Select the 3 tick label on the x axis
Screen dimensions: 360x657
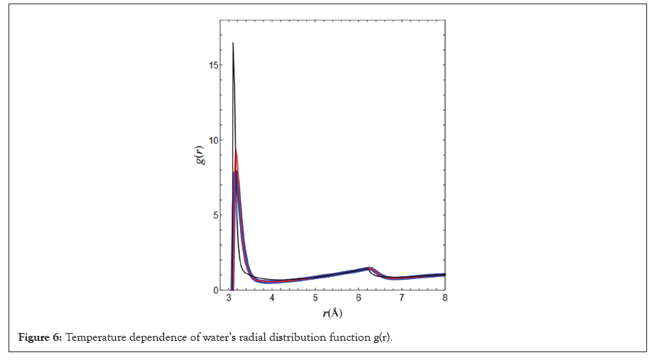click(x=229, y=298)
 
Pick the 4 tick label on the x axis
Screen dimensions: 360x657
click(x=272, y=298)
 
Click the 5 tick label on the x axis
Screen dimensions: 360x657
click(x=315, y=298)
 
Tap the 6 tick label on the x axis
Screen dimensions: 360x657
click(x=359, y=298)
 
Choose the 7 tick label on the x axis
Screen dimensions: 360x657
click(x=402, y=298)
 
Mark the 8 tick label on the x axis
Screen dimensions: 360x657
click(x=445, y=298)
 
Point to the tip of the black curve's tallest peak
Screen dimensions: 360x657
click(x=233, y=43)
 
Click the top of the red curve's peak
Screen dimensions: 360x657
click(x=236, y=151)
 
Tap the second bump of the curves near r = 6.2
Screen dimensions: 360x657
click(x=369, y=268)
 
